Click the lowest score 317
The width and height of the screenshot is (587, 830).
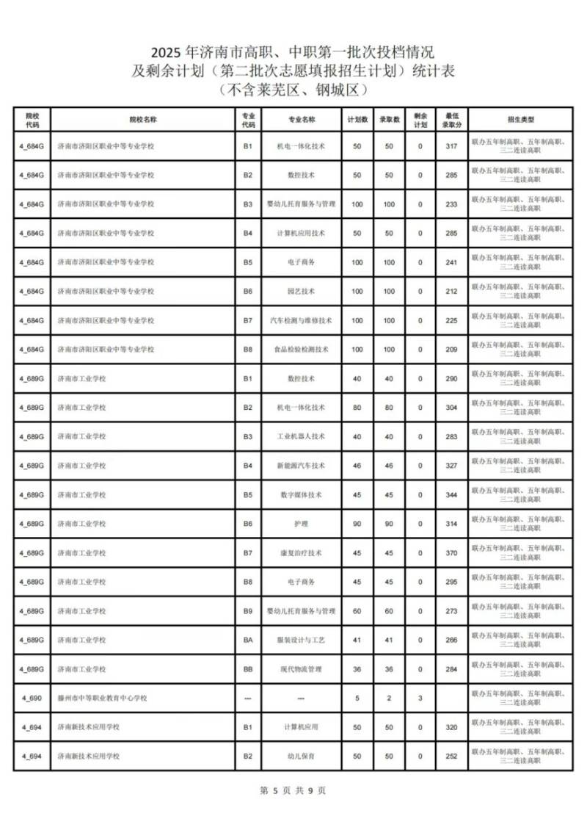tap(451, 146)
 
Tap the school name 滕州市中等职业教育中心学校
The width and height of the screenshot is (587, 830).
tap(102, 698)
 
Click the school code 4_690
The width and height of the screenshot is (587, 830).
tap(32, 698)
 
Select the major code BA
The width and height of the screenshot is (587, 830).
tap(248, 640)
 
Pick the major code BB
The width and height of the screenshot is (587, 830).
tap(248, 669)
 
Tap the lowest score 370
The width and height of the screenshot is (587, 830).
tap(451, 553)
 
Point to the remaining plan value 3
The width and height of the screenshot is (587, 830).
tap(420, 698)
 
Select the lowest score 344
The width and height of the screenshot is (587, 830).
tap(451, 495)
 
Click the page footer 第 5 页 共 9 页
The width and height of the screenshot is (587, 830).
tap(293, 790)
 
